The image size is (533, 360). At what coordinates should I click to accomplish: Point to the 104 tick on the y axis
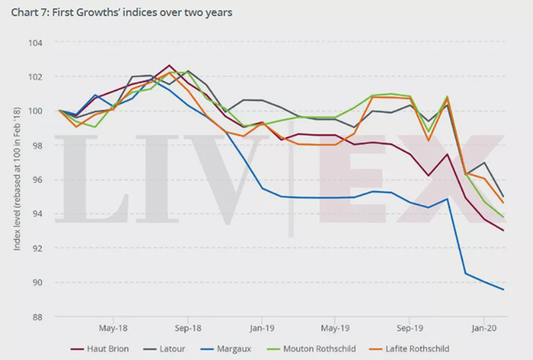37,42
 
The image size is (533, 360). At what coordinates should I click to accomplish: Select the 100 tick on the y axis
37,111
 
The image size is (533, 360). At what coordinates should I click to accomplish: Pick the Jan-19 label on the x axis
262,301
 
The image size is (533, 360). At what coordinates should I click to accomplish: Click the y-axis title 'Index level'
17,179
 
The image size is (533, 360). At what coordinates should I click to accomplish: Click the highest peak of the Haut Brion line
169,66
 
